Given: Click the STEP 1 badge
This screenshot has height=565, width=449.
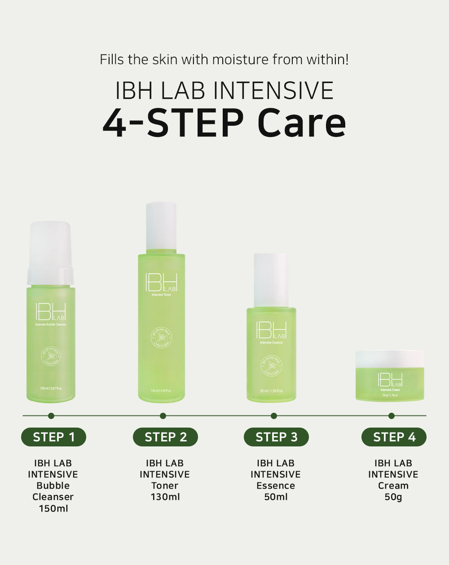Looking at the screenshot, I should click(53, 437).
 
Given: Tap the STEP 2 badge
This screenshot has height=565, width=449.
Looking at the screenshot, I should click(165, 437).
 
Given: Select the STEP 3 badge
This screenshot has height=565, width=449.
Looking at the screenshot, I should click(276, 437).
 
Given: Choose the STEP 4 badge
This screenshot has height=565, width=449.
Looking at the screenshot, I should click(394, 437).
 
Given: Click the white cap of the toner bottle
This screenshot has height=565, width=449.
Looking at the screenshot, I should click(161, 225).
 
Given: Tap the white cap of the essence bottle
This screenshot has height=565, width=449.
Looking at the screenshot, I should click(271, 280).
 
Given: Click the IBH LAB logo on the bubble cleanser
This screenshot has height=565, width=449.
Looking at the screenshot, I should click(50, 312).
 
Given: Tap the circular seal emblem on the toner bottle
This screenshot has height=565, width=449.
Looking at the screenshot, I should click(161, 338).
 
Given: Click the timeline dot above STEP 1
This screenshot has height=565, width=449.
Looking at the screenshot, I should click(51, 416).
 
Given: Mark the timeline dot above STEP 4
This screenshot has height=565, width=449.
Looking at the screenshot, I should click(392, 416).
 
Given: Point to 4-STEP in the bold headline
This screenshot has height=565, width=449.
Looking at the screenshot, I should click(173, 123).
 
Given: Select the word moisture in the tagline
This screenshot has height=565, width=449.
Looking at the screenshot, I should click(240, 59).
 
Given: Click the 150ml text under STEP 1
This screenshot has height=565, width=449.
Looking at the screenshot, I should click(53, 508).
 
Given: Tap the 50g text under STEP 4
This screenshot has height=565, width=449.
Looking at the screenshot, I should click(393, 497).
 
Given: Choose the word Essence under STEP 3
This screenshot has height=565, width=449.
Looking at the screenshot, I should click(276, 486).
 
